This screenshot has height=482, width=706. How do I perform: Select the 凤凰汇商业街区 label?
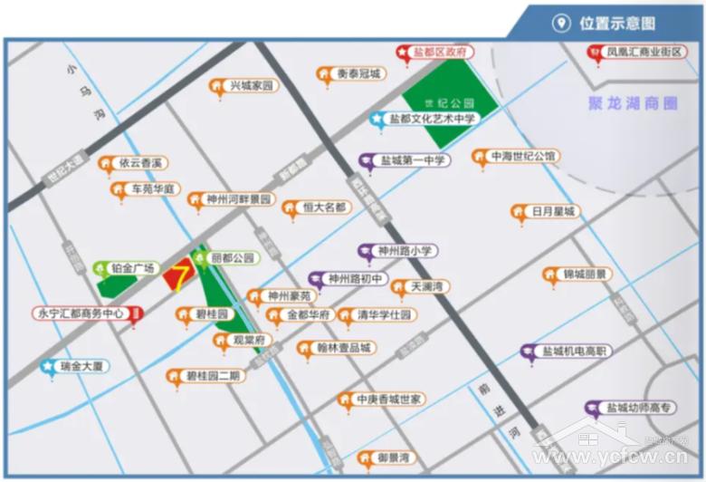[644, 53]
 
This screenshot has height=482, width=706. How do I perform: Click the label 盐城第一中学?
[413, 160]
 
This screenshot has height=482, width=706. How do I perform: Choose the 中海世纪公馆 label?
[522, 156]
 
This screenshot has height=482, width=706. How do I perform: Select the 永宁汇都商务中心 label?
[80, 313]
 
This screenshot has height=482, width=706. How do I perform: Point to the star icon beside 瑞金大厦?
[47, 367]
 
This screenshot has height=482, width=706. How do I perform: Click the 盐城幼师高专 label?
[641, 408]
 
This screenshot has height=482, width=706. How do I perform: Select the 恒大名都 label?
[323, 207]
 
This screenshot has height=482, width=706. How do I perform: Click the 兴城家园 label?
[250, 86]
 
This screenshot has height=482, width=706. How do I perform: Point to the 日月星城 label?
[553, 211]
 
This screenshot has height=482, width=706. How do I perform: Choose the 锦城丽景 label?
[584, 274]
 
